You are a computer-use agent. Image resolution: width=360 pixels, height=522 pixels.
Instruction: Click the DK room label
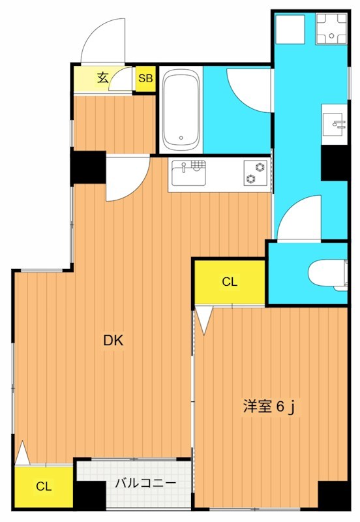pyautogui.click(x=113, y=340)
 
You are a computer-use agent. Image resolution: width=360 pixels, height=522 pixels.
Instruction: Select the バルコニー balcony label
pyautogui.click(x=145, y=484)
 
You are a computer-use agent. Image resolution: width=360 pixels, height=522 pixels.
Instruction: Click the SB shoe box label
pyautogui.click(x=145, y=78)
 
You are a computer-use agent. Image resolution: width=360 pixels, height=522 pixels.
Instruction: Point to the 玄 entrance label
pyautogui.click(x=103, y=78)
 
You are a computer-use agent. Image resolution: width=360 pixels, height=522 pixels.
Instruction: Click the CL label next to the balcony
pyautogui.click(x=44, y=486)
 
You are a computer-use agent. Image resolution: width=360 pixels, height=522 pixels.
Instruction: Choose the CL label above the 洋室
pyautogui.click(x=229, y=282)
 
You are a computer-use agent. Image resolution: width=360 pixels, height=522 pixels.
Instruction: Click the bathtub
pyautogui.click(x=181, y=110)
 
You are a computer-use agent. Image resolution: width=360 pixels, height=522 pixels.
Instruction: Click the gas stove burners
pyautogui.click(x=256, y=173)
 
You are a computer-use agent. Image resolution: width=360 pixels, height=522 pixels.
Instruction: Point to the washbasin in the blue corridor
pyautogui.click(x=335, y=123)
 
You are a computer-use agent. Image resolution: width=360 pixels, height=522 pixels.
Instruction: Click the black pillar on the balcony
pyautogui.click(x=90, y=495)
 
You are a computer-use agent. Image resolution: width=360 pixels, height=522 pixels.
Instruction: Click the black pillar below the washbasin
pyautogui.click(x=336, y=162)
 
